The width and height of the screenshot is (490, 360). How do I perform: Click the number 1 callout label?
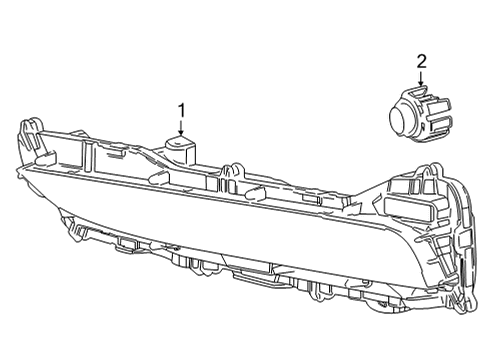coord(182,108)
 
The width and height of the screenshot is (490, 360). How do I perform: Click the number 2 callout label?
coord(421,62)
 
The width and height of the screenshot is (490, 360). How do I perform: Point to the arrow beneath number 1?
coord(182,127)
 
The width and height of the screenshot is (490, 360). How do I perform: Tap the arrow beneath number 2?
coord(421,80)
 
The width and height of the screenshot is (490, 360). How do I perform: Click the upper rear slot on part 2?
coord(441,105)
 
